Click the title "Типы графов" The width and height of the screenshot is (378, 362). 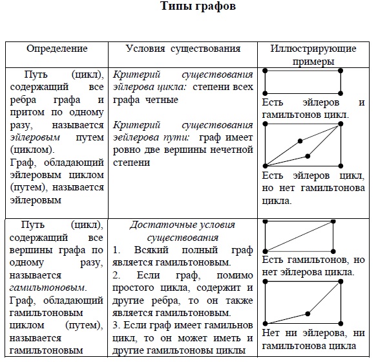click(189, 8)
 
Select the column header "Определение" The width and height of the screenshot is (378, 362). click(57, 49)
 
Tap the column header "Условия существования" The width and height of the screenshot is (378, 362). click(183, 49)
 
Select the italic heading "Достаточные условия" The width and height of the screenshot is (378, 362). click(182, 225)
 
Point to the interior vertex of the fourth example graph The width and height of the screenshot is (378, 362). click(308, 314)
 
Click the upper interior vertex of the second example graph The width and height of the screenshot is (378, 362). click(299, 141)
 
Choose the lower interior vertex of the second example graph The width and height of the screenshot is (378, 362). click(308, 155)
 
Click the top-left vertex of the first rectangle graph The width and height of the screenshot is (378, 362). click(266, 70)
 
